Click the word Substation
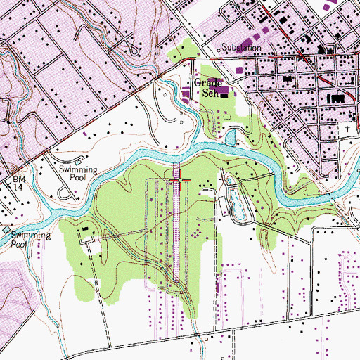click(241, 48)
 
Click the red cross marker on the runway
click(180, 183)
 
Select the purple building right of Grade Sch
click(223, 89)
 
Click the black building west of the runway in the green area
click(85, 229)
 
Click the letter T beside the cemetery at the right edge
click(347, 131)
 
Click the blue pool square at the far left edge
click(6, 231)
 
